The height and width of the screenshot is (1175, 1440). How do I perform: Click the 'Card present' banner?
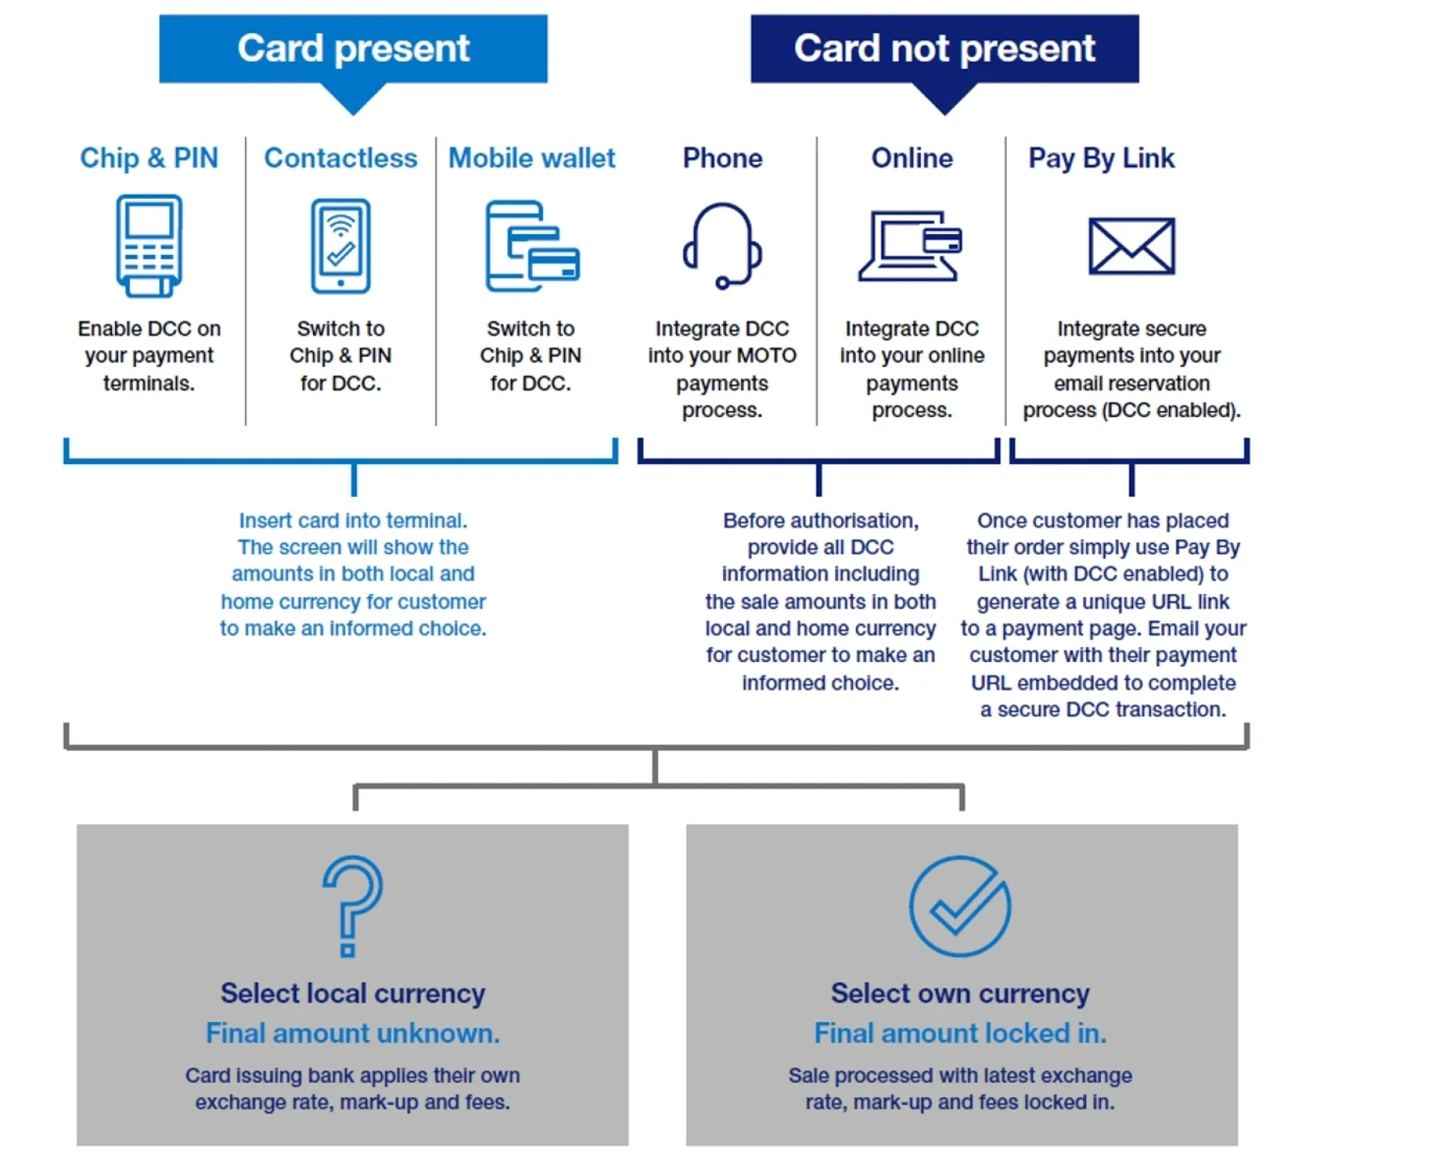coord(353,49)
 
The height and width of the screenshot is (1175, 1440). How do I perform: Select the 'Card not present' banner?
coord(944,49)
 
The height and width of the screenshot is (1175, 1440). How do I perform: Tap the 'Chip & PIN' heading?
coord(149,158)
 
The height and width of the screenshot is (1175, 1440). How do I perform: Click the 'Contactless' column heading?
coord(341,158)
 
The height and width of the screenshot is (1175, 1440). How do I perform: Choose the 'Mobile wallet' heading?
coord(532,158)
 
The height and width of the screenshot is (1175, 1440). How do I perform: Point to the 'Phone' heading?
coord(722,158)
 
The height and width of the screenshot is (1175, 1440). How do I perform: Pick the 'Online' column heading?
coord(912,158)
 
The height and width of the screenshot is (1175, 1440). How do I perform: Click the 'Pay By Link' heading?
coord(1101,159)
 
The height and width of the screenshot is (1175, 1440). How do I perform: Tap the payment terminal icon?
coord(149,246)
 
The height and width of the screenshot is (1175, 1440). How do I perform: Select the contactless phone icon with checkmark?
coord(341,246)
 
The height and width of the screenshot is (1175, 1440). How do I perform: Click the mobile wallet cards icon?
coord(532,246)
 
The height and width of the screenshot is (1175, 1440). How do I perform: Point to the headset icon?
coord(722,246)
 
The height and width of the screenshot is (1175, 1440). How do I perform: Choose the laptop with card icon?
coord(911,246)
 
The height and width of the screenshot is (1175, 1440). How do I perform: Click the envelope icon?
coord(1131,246)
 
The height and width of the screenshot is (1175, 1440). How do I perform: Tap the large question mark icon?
coord(352,905)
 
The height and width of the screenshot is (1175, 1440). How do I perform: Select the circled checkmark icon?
coord(959,905)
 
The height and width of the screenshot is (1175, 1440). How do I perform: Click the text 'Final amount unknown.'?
coord(353,1034)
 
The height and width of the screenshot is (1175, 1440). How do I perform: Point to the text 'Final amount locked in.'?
coord(960,1034)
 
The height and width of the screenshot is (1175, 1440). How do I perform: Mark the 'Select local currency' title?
coord(353,993)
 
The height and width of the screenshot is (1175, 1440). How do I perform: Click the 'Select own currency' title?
coord(960,993)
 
